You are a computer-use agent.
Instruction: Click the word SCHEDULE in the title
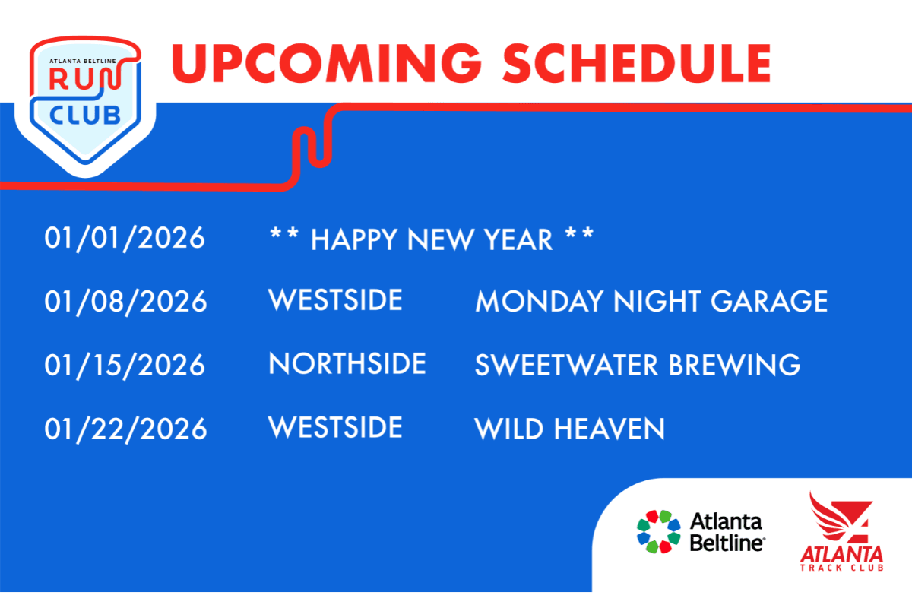(x=637, y=64)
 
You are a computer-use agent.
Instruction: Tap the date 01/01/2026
(x=125, y=239)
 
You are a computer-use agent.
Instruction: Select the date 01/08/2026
(x=125, y=302)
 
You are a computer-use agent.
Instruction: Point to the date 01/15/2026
(x=125, y=366)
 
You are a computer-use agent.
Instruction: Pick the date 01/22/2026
(x=125, y=429)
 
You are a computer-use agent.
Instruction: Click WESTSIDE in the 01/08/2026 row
(x=335, y=300)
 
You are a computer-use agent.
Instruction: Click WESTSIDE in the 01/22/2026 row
(x=335, y=428)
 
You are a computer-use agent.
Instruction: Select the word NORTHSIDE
(x=347, y=363)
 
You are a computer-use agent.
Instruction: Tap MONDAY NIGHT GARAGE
(x=651, y=302)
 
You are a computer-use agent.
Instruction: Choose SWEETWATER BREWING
(x=638, y=365)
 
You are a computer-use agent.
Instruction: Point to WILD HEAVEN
(x=569, y=429)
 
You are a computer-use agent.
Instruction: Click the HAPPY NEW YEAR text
(x=432, y=239)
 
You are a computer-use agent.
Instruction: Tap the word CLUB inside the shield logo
(x=85, y=116)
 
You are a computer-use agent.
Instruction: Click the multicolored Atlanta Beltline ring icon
(x=658, y=531)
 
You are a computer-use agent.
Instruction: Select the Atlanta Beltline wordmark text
(x=727, y=532)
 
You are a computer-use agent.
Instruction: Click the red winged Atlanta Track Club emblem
(x=841, y=518)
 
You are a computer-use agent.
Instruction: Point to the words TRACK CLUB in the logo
(x=841, y=567)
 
